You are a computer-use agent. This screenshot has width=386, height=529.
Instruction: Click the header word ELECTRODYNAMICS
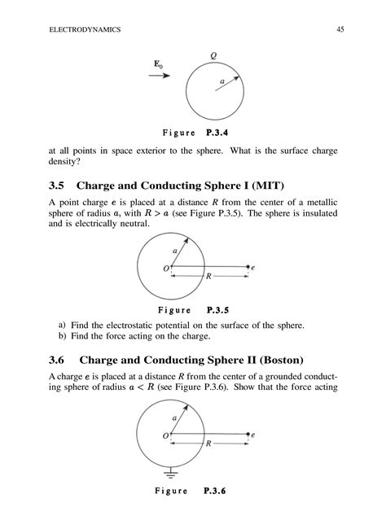click(x=86, y=30)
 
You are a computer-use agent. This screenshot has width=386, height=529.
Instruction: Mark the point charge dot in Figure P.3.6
click(x=248, y=435)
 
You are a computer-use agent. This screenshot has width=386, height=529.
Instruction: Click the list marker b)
click(x=62, y=334)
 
